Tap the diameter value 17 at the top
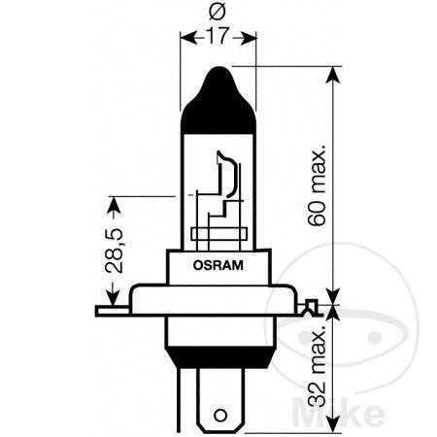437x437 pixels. coord(219,37)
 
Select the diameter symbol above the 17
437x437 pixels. coord(218,15)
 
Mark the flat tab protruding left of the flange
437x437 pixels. coord(113,312)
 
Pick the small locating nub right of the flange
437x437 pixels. coord(311,310)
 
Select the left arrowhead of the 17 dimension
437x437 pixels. coord(187,38)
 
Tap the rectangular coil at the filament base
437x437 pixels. coord(219,234)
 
